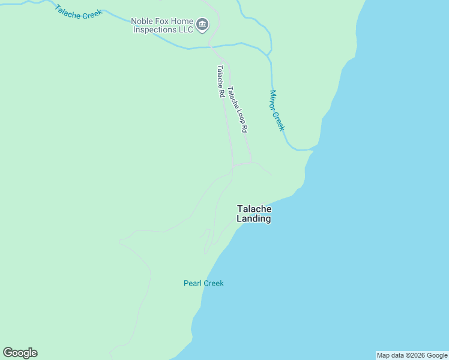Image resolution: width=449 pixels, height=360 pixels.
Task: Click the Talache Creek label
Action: coord(78,12)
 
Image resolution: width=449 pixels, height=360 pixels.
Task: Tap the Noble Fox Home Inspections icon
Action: coord(202,25)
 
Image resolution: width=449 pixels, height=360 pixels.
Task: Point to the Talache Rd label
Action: coord(221,81)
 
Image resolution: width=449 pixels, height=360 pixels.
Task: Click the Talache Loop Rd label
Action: coord(238,109)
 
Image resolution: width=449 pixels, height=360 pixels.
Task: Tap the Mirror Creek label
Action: coord(277,110)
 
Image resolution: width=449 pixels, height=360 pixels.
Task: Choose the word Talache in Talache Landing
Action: coord(254,209)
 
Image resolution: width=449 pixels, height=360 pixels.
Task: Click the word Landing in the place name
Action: coord(254,219)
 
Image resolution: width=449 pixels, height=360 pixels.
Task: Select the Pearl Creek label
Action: coord(203,283)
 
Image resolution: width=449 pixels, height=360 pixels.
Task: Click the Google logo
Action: coord(20,353)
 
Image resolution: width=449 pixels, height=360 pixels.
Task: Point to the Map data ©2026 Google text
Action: coord(412,355)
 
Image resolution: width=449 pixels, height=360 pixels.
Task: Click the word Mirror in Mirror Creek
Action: coord(274,100)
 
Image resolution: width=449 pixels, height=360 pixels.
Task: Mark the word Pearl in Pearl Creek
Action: coord(193,283)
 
